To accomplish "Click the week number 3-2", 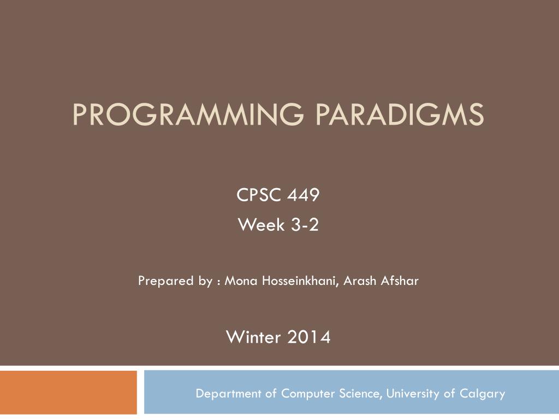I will click(x=304, y=225).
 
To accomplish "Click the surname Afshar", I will click(x=400, y=281).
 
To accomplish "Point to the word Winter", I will click(x=253, y=337).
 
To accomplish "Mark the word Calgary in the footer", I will click(x=482, y=394).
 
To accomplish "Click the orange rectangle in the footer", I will click(x=68, y=393).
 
